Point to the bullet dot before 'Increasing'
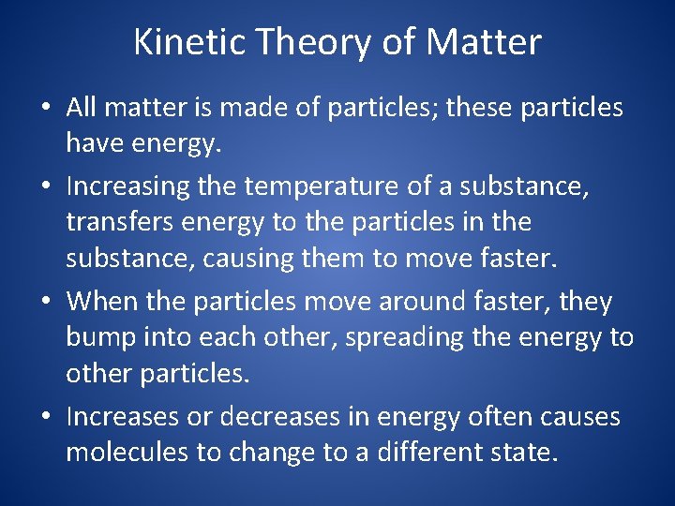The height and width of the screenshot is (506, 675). (46, 187)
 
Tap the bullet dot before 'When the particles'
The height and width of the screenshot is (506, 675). (46, 303)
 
